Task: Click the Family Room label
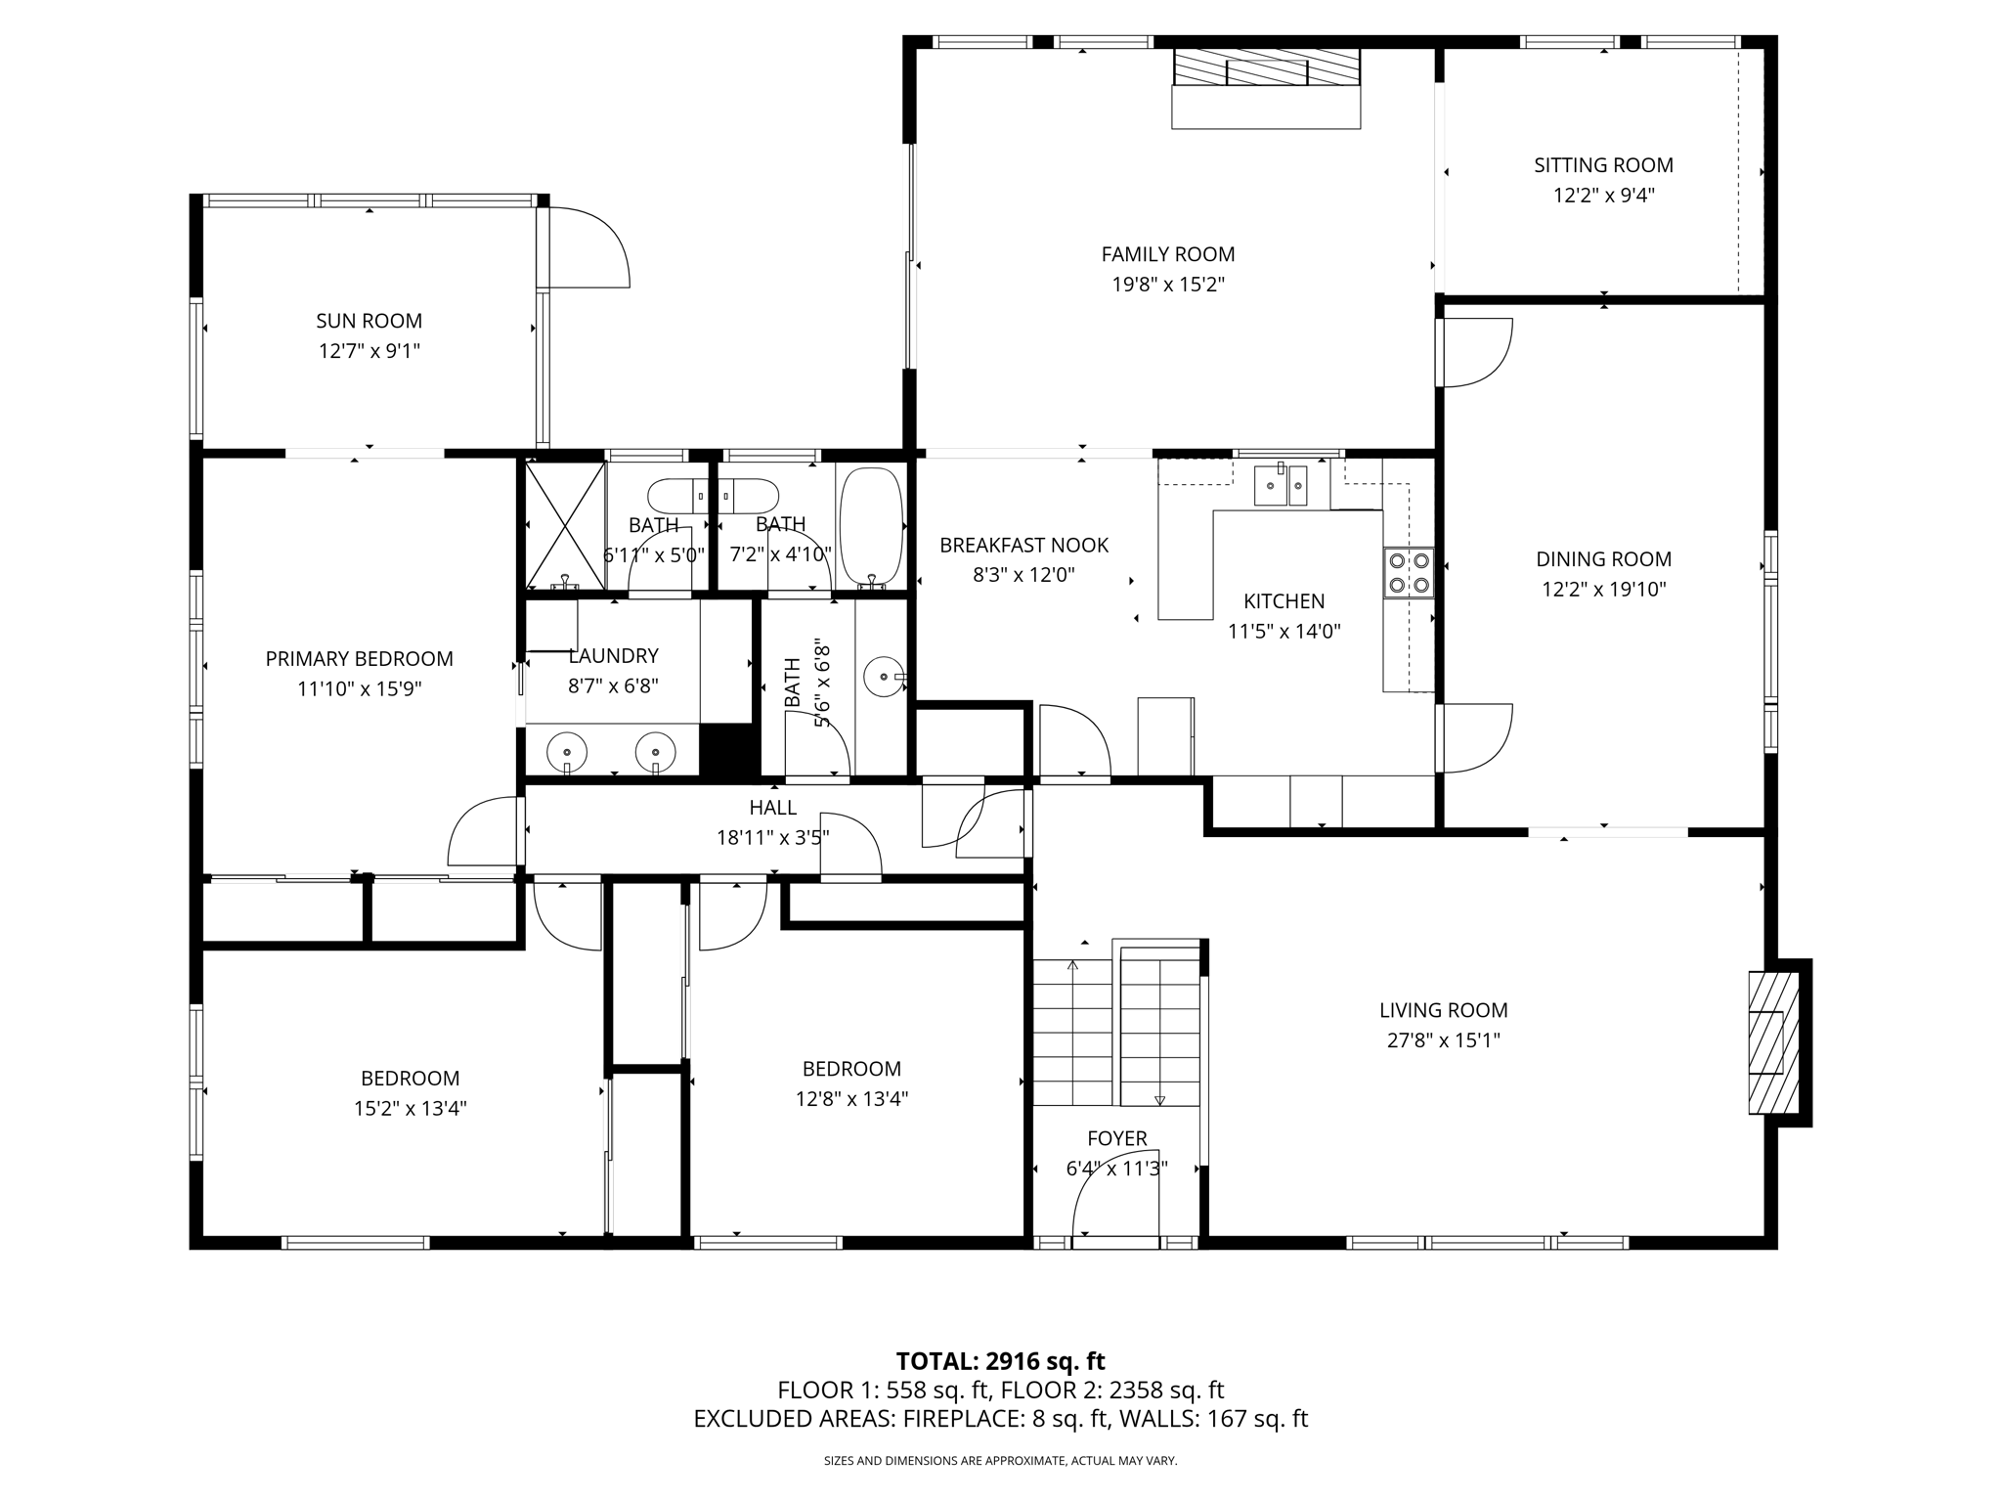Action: point(1167,254)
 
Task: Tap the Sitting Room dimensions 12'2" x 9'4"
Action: point(1603,196)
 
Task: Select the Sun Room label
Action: point(369,321)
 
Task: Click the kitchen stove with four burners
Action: point(1409,573)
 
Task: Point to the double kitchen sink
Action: point(1281,485)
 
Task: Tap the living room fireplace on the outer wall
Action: point(1772,1042)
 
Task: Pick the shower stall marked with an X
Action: point(565,525)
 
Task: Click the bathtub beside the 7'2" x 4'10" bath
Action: point(870,525)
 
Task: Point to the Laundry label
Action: point(613,656)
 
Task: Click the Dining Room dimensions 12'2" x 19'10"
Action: point(1603,590)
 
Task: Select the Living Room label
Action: point(1443,1010)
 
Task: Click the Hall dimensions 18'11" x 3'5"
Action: point(772,838)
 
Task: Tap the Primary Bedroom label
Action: point(359,659)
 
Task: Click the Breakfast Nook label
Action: point(1023,546)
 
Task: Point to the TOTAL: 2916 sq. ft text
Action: point(1000,1361)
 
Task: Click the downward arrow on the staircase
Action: point(1159,1099)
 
